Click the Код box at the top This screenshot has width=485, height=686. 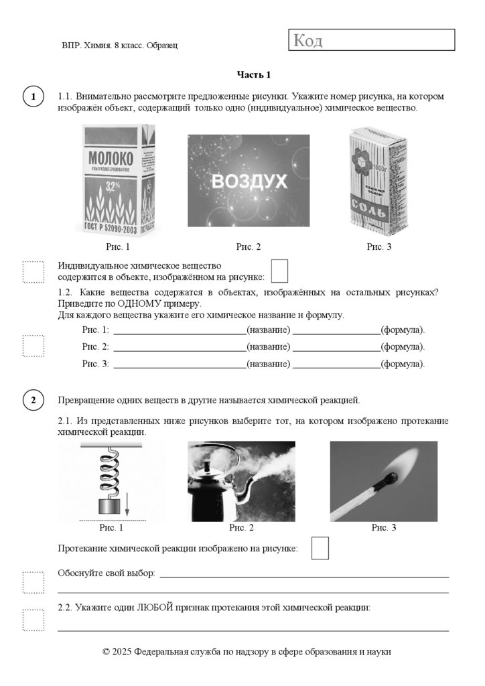pos(372,40)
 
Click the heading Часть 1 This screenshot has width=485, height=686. pos(254,74)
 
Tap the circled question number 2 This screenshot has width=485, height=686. pos(33,401)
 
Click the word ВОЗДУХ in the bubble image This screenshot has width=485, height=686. pos(249,181)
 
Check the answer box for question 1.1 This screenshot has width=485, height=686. pos(279,271)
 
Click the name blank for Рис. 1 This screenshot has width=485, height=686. pos(179,330)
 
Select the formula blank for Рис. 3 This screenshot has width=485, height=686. pos(336,364)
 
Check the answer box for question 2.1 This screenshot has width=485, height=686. pos(320,547)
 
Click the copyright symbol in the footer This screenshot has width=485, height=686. pos(106,651)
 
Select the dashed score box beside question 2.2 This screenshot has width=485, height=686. pos(33,619)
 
